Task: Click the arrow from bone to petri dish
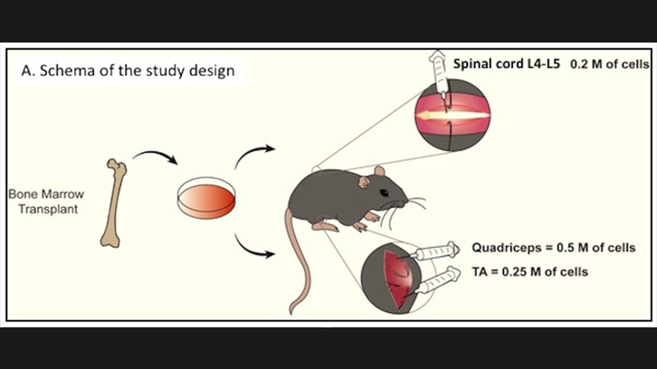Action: (156, 163)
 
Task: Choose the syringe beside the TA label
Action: (443, 278)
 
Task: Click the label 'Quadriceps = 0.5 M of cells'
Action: (553, 247)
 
